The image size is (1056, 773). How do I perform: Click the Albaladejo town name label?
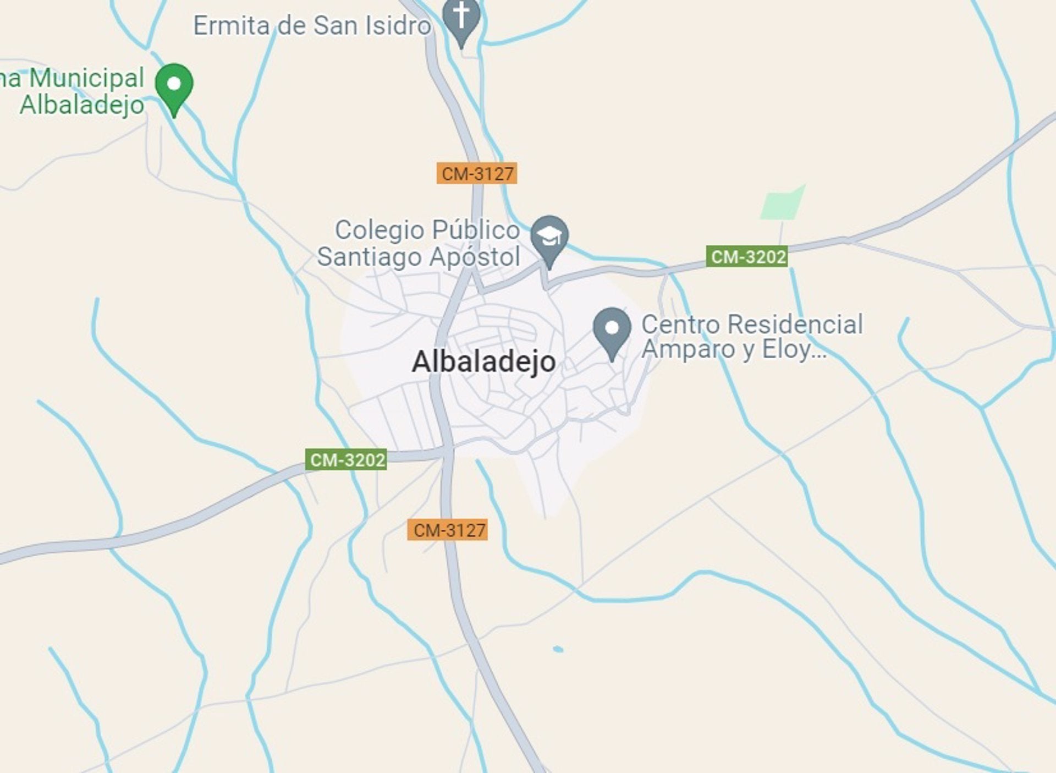[x=483, y=362]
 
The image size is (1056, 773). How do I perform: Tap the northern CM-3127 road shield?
[x=477, y=173]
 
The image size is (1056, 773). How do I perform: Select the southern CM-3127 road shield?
[x=448, y=530]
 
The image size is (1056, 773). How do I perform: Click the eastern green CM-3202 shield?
[x=747, y=256]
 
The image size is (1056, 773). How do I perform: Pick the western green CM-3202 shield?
[x=346, y=459]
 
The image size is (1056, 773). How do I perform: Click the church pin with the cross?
[x=461, y=19]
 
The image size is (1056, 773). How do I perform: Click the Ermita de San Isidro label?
[x=312, y=26]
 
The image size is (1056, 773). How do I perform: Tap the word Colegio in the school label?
[x=380, y=230]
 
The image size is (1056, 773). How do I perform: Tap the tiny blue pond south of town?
[x=558, y=649]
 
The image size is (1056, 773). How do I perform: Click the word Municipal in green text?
[x=86, y=78]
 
